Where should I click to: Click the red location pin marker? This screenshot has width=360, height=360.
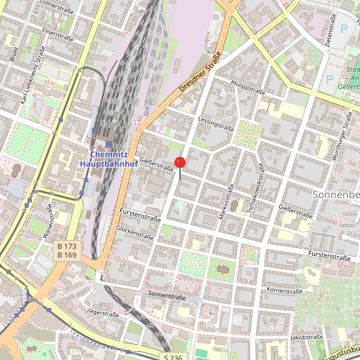pyautogui.click(x=180, y=162)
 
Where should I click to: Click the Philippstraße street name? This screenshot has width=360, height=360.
pyautogui.click(x=248, y=87)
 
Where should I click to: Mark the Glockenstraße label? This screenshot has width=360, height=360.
pyautogui.click(x=134, y=232)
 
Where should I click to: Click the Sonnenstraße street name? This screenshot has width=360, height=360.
pyautogui.click(x=167, y=295)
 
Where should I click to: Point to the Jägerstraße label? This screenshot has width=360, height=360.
pyautogui.click(x=103, y=313)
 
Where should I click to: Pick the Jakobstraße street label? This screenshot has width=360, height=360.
pyautogui.click(x=306, y=337)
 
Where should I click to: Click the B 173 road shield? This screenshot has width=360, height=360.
pyautogui.click(x=67, y=247)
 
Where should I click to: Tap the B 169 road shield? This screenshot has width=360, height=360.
pyautogui.click(x=67, y=256)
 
